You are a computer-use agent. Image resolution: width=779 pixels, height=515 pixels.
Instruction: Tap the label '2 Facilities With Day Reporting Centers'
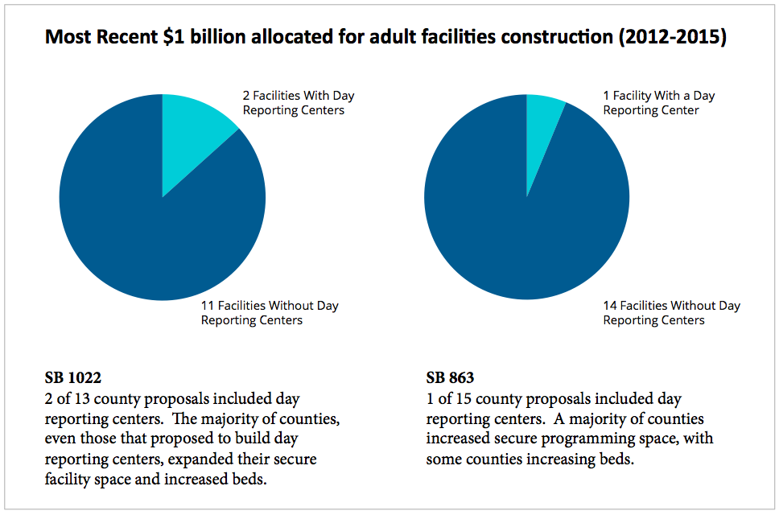pos(298,102)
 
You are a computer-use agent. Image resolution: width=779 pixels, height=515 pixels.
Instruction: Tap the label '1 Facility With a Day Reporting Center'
pos(658,102)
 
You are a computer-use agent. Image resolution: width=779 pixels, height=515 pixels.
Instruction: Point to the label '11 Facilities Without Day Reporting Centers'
pos(269,313)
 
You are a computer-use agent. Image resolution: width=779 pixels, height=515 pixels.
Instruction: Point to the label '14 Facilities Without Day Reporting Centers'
pos(671,313)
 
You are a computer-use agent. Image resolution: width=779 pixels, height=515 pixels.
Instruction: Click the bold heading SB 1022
pos(72,378)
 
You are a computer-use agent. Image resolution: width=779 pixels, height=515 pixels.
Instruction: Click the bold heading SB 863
pos(449,378)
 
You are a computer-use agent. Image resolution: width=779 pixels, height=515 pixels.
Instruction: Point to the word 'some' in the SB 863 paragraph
pos(443,459)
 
